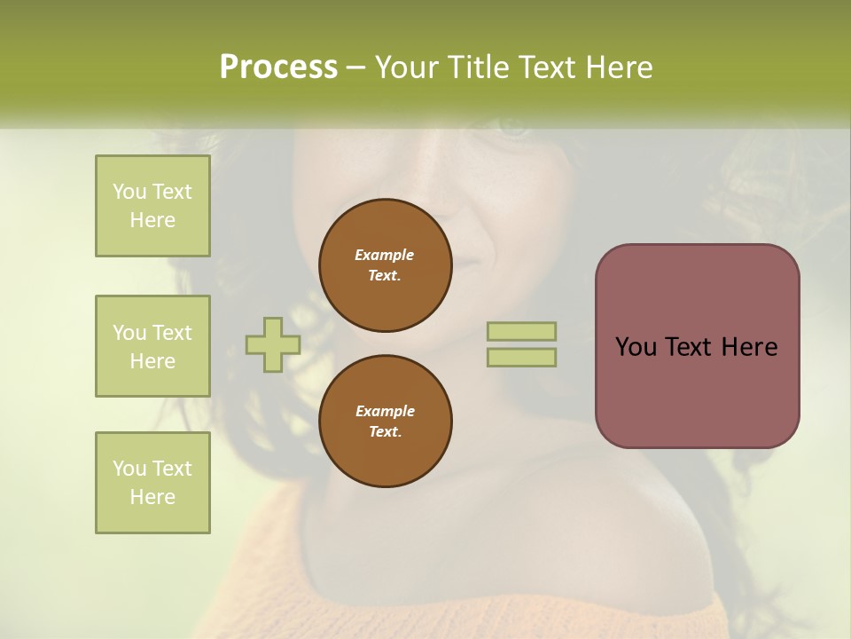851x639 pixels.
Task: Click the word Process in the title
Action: click(x=278, y=67)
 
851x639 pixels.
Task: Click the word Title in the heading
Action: click(x=479, y=67)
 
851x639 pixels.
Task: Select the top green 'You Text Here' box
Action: click(x=152, y=206)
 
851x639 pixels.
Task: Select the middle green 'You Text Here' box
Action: click(x=152, y=346)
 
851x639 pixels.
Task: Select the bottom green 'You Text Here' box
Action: click(x=152, y=483)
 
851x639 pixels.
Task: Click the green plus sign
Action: click(x=272, y=344)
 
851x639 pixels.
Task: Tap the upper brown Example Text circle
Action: click(x=385, y=265)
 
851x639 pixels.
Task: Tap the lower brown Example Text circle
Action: click(x=385, y=422)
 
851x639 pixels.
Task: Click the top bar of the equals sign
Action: click(x=522, y=331)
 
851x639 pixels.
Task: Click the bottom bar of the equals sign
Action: click(x=522, y=358)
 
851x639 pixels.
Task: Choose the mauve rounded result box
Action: click(x=697, y=346)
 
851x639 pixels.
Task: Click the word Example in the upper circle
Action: click(x=385, y=255)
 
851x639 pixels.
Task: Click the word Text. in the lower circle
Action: click(x=385, y=432)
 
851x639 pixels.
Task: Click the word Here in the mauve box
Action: click(x=749, y=347)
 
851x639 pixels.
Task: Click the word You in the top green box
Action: click(x=129, y=192)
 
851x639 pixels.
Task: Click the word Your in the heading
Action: click(x=407, y=67)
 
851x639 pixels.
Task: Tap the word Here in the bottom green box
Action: click(x=152, y=497)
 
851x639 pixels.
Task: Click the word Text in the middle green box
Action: click(x=172, y=333)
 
